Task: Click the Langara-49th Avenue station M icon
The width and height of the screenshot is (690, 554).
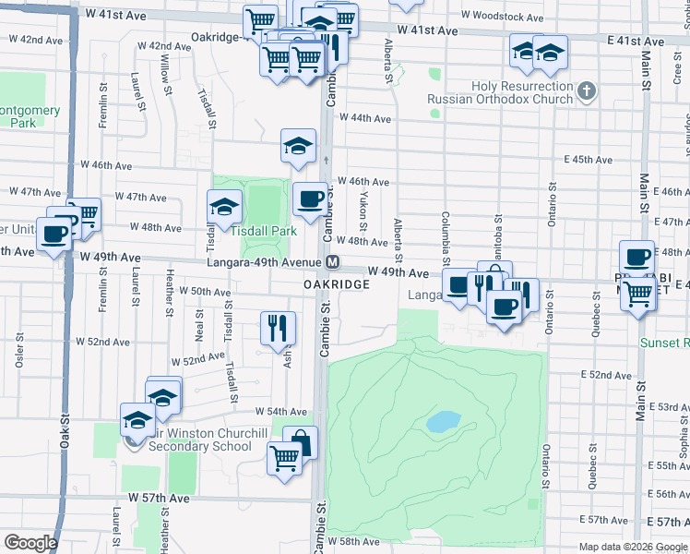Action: click(332, 263)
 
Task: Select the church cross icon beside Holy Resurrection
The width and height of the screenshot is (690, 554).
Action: click(588, 91)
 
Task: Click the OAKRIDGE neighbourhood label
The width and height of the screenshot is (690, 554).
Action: click(338, 285)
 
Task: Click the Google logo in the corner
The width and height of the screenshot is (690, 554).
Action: click(30, 543)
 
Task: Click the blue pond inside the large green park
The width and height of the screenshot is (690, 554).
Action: click(444, 422)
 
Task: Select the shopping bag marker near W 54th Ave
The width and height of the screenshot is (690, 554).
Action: click(300, 442)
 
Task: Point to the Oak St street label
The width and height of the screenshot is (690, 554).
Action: click(65, 430)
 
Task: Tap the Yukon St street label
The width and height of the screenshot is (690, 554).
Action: click(363, 213)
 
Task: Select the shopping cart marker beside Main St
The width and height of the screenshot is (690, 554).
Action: click(638, 295)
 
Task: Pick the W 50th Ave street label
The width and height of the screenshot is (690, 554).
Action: click(205, 292)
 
